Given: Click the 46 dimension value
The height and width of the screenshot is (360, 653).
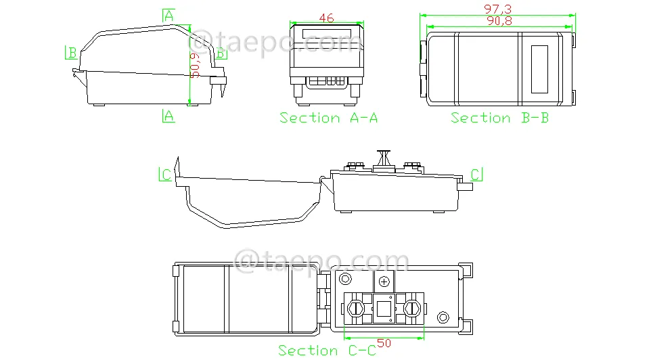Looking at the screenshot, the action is pos(326,18).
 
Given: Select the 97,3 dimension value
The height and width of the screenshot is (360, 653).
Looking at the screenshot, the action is pos(497,9).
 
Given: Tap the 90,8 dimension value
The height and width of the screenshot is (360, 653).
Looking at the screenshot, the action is pos(499,21).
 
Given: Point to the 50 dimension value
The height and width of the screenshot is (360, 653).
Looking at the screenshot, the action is pos(384,343).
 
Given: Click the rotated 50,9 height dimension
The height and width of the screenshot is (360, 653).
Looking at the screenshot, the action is pos(194,66).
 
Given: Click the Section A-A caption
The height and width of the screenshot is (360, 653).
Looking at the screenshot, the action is pos(329,118).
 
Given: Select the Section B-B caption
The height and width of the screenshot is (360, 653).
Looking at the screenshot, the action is pos(500,118).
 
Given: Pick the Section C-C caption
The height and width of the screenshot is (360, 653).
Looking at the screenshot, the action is pos(328,350).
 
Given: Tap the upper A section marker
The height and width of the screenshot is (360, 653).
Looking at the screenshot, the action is pos(168,16).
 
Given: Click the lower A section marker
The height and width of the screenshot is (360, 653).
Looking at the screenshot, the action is pos(168,116).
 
